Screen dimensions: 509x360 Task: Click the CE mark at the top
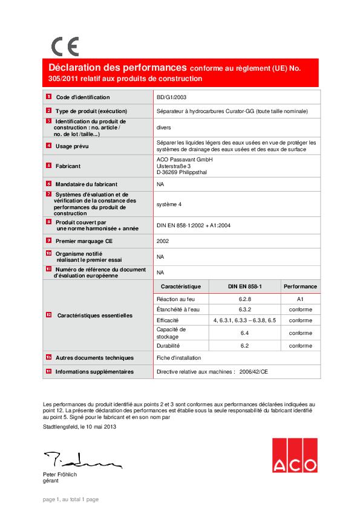click(x=65, y=47)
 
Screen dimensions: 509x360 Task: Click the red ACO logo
click(x=294, y=455)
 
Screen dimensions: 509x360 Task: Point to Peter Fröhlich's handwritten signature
click(x=81, y=460)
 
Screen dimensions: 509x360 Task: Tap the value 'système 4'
click(x=169, y=204)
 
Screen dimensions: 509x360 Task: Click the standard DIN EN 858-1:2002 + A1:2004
click(x=193, y=225)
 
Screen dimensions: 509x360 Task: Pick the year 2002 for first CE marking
click(x=163, y=241)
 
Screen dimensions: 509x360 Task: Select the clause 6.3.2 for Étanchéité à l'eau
click(x=244, y=310)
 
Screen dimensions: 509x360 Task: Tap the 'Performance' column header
click(x=300, y=287)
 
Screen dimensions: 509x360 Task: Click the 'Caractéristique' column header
click(x=183, y=287)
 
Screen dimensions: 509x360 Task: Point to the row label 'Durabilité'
click(x=168, y=346)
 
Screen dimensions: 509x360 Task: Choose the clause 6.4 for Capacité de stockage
click(x=244, y=333)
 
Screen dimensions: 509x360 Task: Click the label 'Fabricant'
click(x=68, y=166)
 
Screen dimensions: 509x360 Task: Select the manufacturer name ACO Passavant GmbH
click(x=185, y=159)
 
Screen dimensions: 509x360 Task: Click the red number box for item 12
click(x=49, y=315)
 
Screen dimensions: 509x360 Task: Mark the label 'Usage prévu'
click(x=72, y=146)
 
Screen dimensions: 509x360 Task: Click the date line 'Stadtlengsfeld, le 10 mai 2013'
click(x=80, y=427)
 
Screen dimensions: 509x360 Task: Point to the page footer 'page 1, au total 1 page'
click(x=71, y=499)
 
